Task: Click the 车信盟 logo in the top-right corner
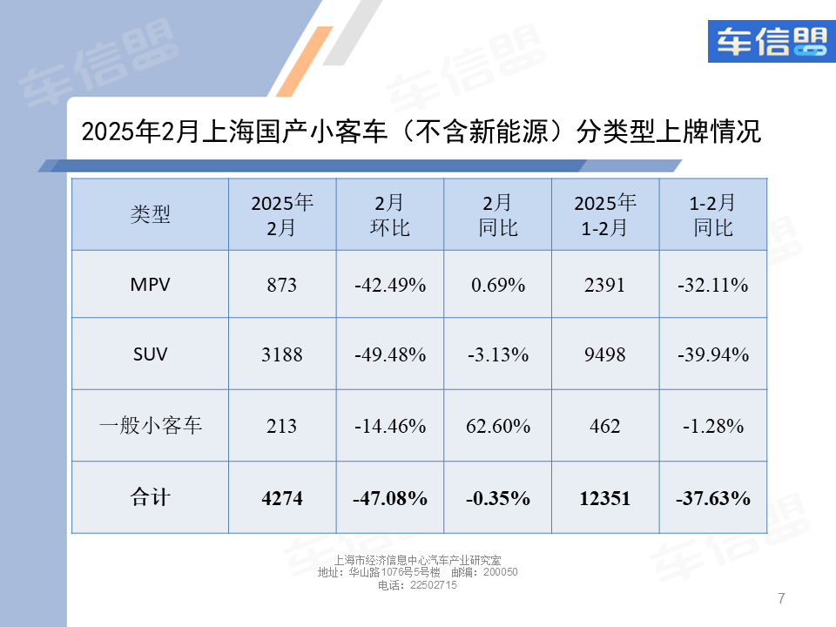(771, 41)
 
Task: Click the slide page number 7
(781, 598)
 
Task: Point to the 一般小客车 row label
(150, 426)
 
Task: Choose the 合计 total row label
(150, 497)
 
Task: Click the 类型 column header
(150, 214)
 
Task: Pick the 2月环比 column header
(389, 215)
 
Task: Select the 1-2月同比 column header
(712, 215)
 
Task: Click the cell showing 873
(282, 285)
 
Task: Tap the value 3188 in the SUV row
(282, 355)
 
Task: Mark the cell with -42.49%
(389, 285)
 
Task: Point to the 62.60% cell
(497, 426)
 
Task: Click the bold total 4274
(282, 498)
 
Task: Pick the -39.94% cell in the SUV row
(712, 355)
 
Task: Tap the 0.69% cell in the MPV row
(497, 285)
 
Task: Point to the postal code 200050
(500, 572)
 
